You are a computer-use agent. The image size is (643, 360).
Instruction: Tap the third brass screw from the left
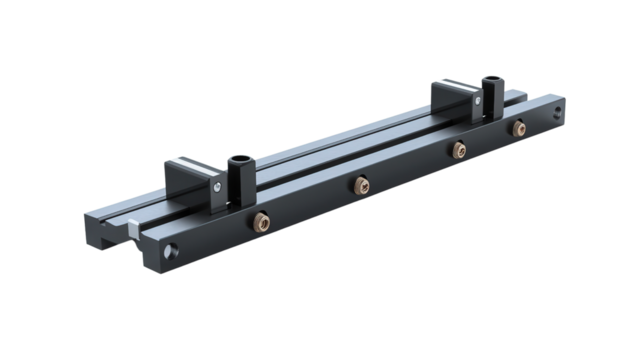(x=458, y=149)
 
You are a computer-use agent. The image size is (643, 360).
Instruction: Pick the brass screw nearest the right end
(x=517, y=128)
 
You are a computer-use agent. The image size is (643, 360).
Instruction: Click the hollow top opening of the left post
(x=240, y=157)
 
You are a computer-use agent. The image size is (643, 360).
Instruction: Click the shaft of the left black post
(x=241, y=182)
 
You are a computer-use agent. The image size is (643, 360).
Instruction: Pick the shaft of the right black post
(x=489, y=100)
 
